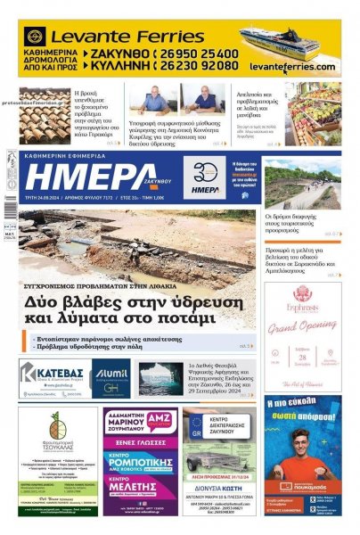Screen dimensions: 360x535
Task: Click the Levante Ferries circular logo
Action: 35,37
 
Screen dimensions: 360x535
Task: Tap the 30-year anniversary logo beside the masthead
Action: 206,176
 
